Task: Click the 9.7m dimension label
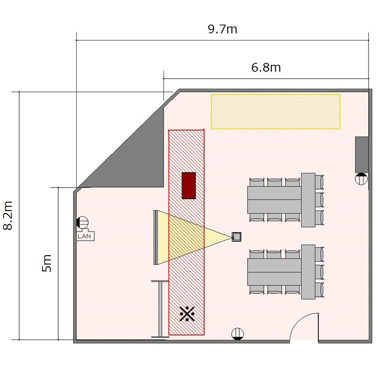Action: click(x=223, y=29)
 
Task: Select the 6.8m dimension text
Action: click(x=266, y=67)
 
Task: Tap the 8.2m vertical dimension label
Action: click(x=8, y=216)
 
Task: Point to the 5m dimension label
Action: click(x=47, y=263)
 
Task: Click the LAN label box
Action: click(x=86, y=236)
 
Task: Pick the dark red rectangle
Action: click(x=189, y=185)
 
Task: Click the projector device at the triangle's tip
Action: click(x=237, y=237)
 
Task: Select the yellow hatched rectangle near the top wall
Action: click(x=276, y=111)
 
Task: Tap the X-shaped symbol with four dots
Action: click(x=187, y=314)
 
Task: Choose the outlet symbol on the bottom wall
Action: click(x=238, y=334)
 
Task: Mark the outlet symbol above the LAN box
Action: click(x=83, y=222)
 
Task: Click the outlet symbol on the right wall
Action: click(x=361, y=179)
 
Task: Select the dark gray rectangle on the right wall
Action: click(x=362, y=155)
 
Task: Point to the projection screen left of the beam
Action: click(x=156, y=238)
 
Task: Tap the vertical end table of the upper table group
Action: click(x=308, y=200)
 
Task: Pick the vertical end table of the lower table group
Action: click(x=308, y=272)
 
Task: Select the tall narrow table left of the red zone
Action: click(x=160, y=309)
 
